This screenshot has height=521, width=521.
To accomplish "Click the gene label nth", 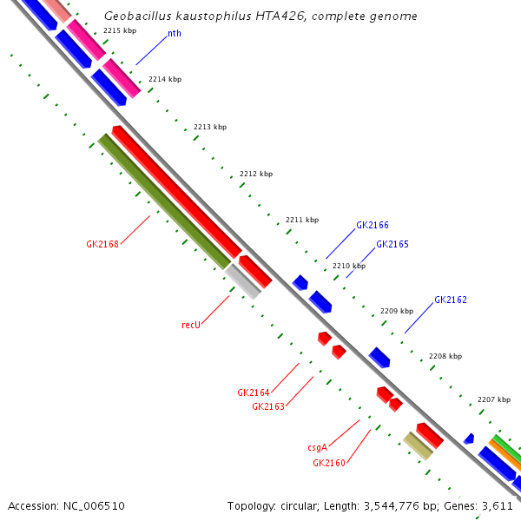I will click(x=174, y=34).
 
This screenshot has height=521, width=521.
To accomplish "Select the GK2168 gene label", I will click(x=102, y=244).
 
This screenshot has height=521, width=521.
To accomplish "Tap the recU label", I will click(x=191, y=325).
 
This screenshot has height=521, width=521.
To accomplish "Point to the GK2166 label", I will click(x=373, y=225).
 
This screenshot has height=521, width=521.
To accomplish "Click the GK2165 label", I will click(x=392, y=245).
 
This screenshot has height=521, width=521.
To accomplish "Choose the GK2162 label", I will click(x=451, y=300).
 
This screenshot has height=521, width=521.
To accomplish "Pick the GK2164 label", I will click(x=254, y=392).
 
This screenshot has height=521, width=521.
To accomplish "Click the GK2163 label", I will click(x=268, y=406).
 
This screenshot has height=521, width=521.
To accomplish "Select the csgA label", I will click(x=317, y=448).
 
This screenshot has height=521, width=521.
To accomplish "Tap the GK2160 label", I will click(x=329, y=463).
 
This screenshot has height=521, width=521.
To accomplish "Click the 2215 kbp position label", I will click(x=120, y=30).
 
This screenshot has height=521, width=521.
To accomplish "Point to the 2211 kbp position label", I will click(x=302, y=220).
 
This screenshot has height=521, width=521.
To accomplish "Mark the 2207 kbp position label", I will click(x=494, y=399).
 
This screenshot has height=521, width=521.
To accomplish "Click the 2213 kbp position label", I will click(x=210, y=127).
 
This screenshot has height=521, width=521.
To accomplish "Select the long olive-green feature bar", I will click(x=164, y=201).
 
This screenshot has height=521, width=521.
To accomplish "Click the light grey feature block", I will click(x=243, y=281).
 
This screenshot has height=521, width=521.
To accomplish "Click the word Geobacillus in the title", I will click(x=135, y=16).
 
